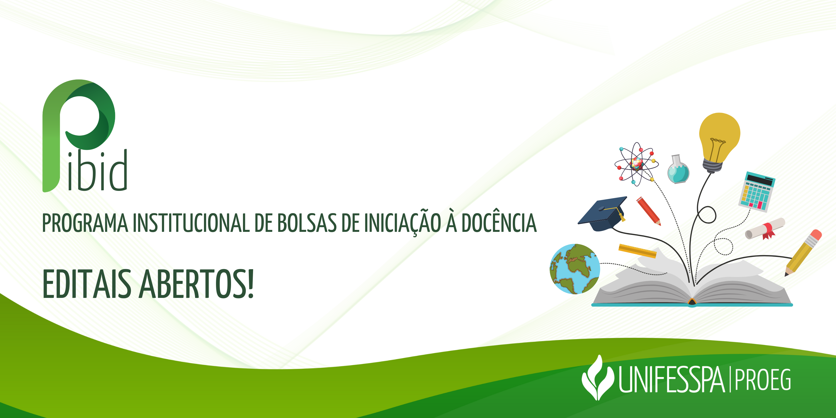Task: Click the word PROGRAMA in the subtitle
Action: (85, 223)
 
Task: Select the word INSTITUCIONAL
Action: (191, 223)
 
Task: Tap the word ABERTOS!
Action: (197, 284)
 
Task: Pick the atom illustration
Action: (636, 164)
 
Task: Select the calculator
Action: (757, 192)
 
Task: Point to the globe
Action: (575, 269)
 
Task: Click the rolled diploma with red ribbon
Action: (765, 229)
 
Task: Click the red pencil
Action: (648, 211)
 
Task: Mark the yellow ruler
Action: (637, 251)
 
